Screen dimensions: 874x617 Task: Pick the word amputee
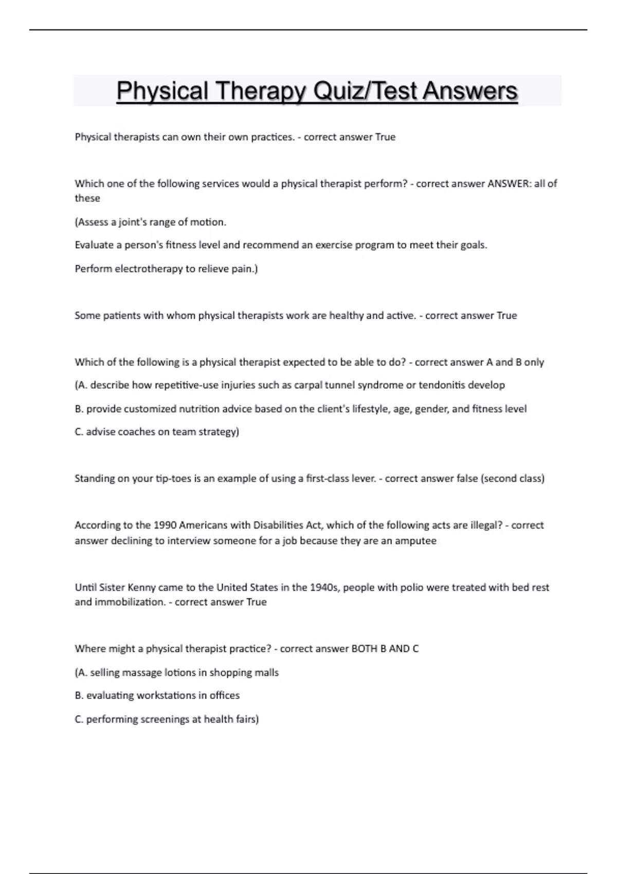[x=415, y=541]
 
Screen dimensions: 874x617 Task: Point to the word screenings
[x=165, y=719]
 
